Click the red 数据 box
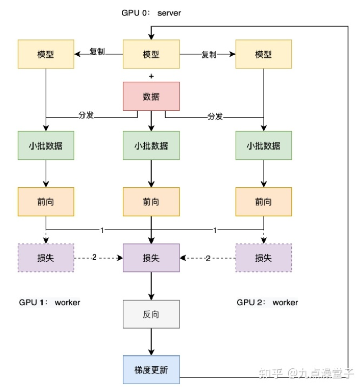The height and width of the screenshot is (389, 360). pos(152,96)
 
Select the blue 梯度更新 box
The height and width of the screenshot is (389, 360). pos(152,369)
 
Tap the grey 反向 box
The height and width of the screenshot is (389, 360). pos(152,314)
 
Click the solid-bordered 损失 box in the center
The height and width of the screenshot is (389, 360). pos(152,258)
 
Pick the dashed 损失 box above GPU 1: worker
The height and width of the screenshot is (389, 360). pos(46,258)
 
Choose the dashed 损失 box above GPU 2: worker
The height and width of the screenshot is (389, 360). pos(263,258)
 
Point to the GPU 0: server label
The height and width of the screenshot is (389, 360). pos(151,12)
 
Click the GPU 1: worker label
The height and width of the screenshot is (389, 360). pos(49,302)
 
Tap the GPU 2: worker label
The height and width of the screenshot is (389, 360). pos(267,302)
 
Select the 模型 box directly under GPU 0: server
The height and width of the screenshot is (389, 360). pos(152,54)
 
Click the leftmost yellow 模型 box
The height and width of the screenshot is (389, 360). pos(46,54)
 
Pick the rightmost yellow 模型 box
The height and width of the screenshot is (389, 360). pos(263,54)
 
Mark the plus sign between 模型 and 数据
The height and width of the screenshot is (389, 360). pos(152,76)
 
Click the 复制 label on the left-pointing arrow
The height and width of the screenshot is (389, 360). pos(97,52)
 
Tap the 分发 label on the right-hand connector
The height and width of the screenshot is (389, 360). pos(215,117)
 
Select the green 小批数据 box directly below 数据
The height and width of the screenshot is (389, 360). pos(152,145)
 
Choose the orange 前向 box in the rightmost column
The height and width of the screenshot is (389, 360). pos(263,202)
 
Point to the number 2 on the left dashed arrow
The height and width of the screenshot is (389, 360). pos(94,258)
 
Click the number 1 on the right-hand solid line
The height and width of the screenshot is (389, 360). pos(215,230)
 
